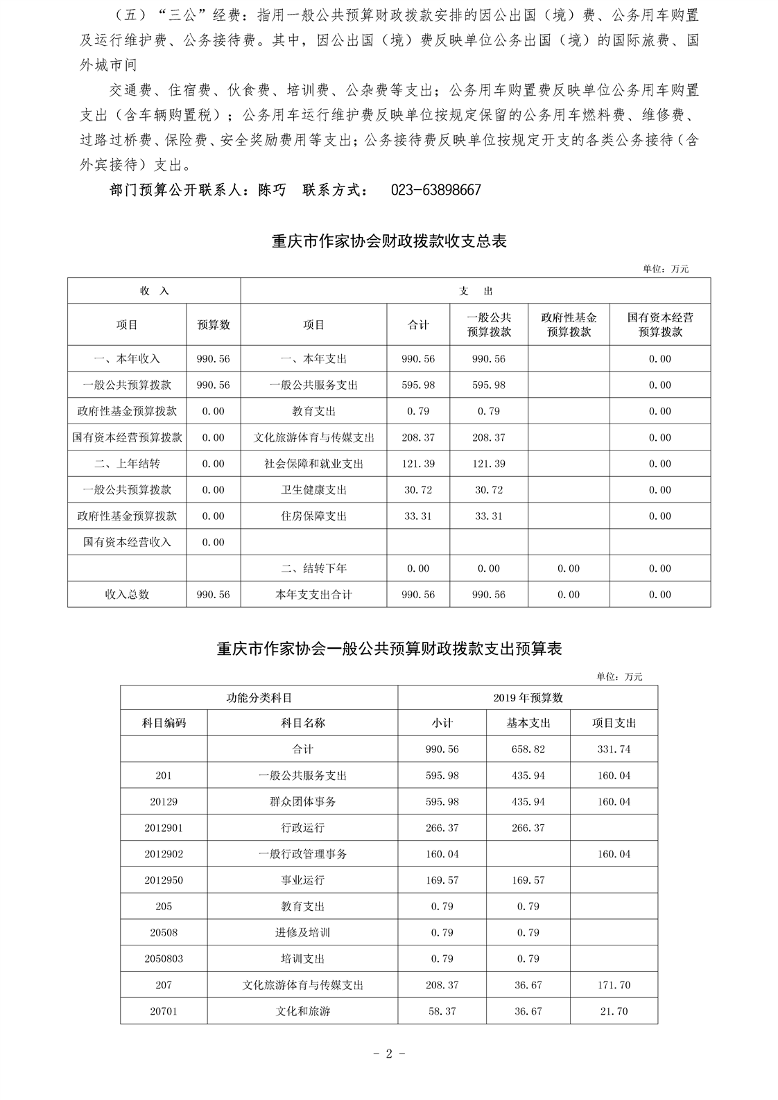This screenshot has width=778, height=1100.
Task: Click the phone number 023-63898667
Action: tap(435, 190)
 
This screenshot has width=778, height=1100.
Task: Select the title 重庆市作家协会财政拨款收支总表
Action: tap(389, 241)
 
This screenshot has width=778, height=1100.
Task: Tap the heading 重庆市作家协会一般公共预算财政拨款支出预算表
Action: tap(389, 649)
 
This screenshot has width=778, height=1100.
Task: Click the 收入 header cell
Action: tap(154, 291)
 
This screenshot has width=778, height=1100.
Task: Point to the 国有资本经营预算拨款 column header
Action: tap(659, 324)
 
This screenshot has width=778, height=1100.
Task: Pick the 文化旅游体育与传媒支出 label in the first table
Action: tap(313, 437)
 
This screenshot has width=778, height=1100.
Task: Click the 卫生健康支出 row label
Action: tap(313, 490)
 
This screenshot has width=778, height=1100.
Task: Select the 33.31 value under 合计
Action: tap(418, 516)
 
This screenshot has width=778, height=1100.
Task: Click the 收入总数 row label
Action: tap(127, 595)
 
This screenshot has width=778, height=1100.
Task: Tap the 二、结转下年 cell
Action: tap(313, 568)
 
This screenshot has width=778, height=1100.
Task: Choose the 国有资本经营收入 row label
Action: tap(127, 542)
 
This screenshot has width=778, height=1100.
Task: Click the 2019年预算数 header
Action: tap(528, 697)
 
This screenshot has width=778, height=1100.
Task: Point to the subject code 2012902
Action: tap(164, 854)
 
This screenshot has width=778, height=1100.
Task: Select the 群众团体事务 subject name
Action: tap(302, 801)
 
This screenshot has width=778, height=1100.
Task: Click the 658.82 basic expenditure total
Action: tap(528, 749)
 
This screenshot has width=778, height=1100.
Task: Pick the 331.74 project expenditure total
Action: tap(614, 749)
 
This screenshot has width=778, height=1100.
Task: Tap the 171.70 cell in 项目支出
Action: tap(614, 985)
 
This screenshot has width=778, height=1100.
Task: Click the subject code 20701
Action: tap(164, 1011)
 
